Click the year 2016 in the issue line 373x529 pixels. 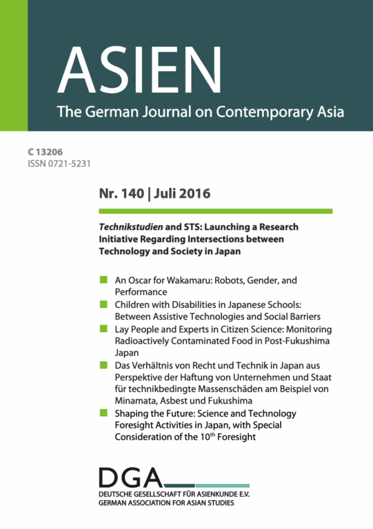click(x=193, y=194)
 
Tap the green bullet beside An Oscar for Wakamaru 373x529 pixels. click(x=103, y=279)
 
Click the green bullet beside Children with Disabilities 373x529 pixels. click(x=103, y=304)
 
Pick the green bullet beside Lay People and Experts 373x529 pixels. click(x=103, y=329)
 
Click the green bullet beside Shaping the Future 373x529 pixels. click(x=103, y=413)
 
